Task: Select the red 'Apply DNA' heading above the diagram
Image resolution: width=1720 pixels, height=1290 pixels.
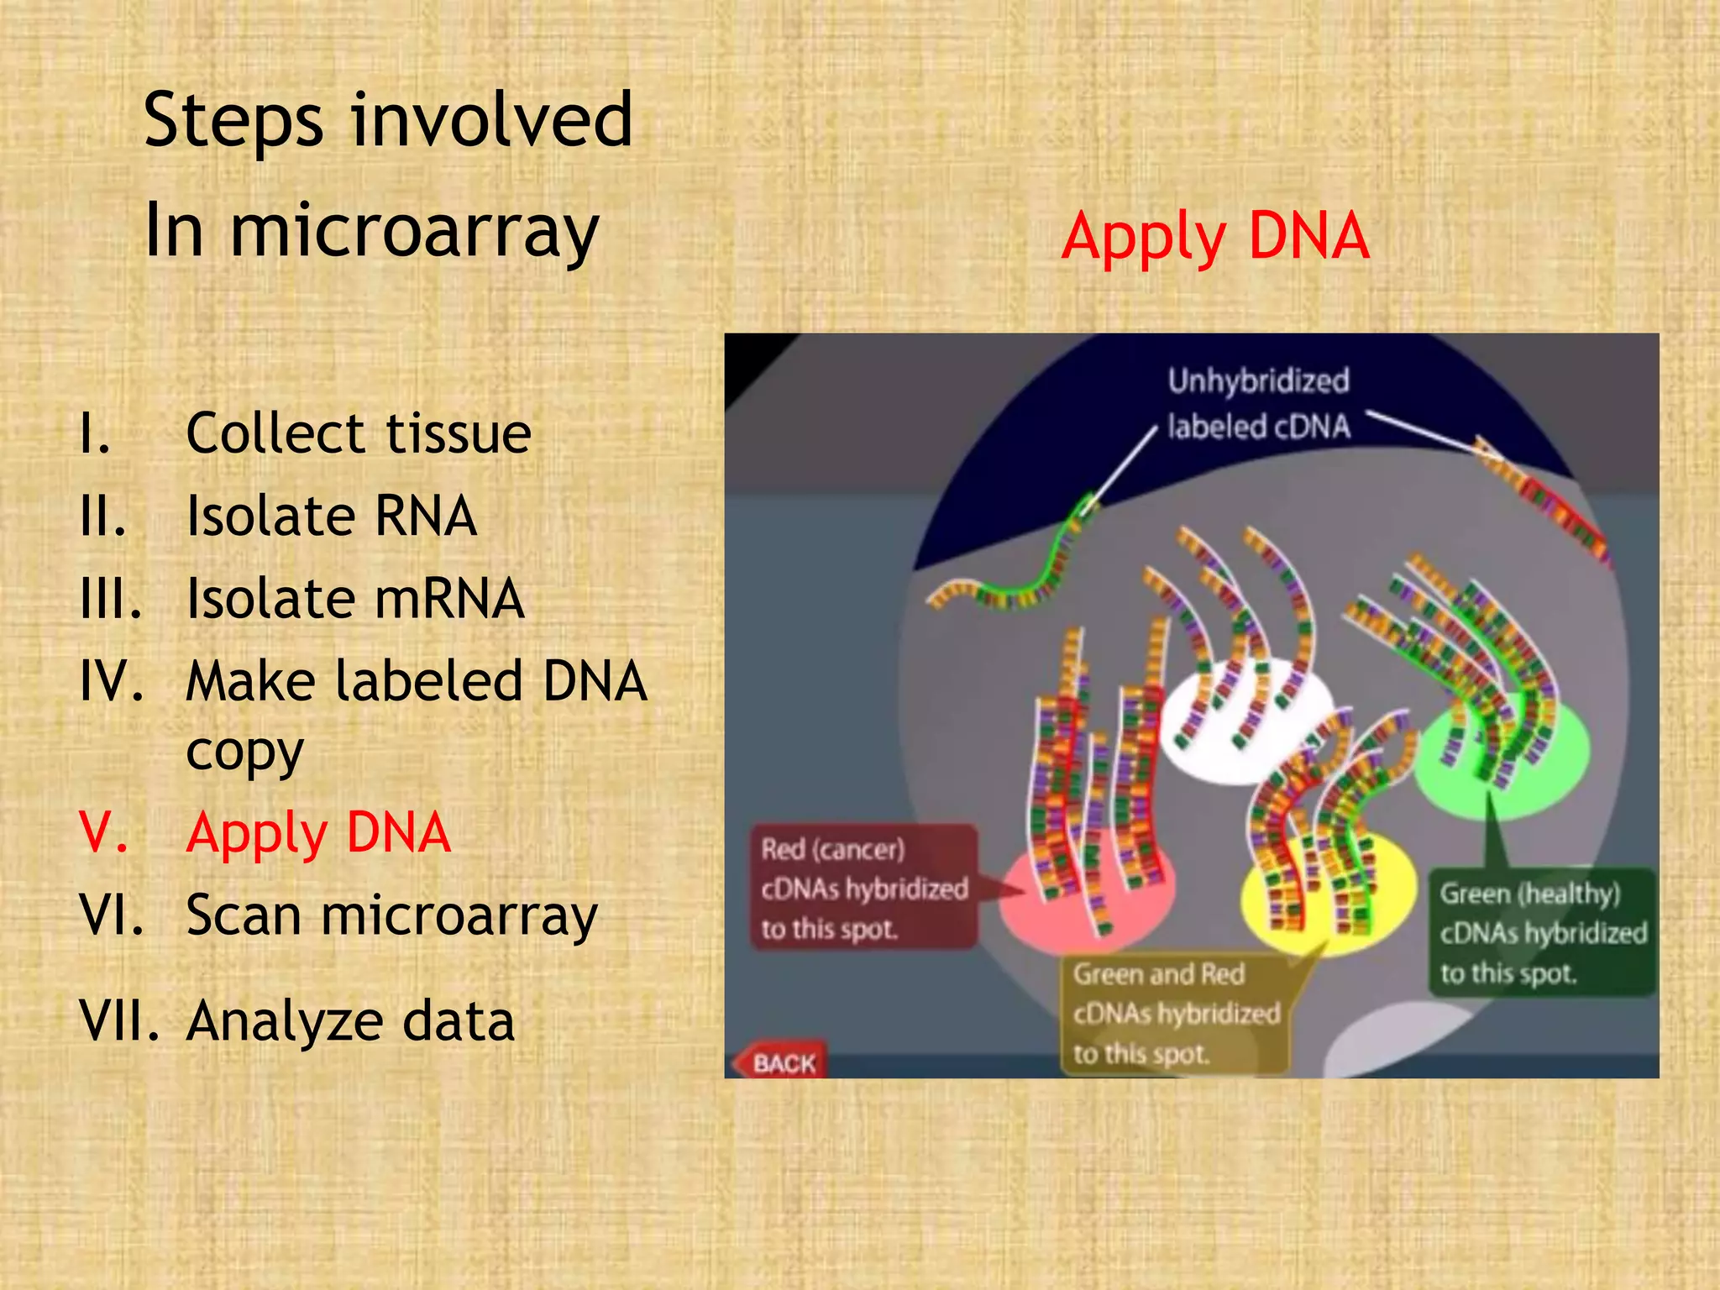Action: [1214, 236]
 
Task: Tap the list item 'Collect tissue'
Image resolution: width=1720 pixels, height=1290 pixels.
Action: [358, 433]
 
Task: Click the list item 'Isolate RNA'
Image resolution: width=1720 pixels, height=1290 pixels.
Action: [332, 516]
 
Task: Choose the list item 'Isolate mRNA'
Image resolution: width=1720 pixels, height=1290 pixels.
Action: [355, 599]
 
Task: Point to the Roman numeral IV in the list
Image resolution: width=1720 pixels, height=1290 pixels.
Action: [111, 681]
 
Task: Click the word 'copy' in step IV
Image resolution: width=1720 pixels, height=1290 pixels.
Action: [244, 751]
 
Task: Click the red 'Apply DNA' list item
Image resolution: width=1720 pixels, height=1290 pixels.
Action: [318, 832]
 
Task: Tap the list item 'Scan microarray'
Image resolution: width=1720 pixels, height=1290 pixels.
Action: [391, 915]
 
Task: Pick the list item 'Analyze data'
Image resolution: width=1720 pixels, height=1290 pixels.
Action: [350, 1021]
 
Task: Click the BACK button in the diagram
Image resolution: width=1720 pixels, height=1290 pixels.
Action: [781, 1063]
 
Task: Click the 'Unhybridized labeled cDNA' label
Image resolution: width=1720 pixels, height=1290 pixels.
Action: [1258, 404]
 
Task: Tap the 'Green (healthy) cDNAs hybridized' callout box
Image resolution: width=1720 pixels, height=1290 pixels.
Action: [1542, 933]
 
